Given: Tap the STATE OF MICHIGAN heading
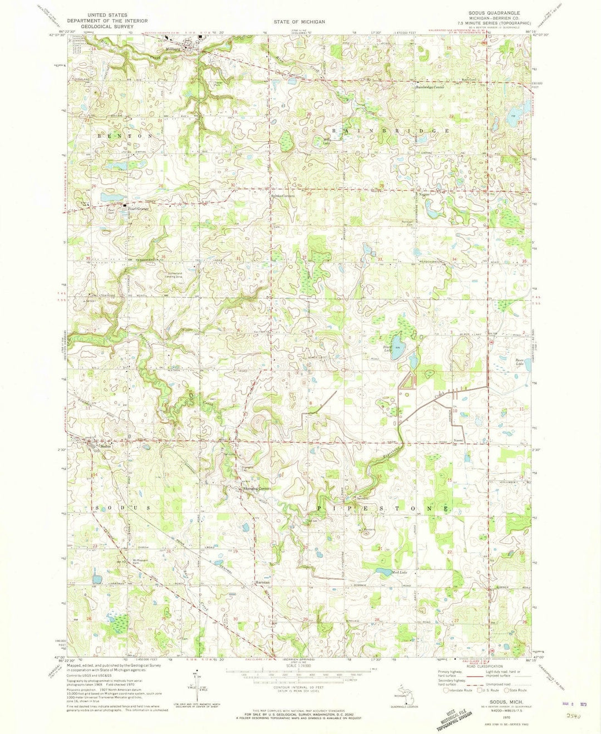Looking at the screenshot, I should coord(299,22).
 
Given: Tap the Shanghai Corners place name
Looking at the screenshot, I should coord(257,489).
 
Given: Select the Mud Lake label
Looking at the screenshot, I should coord(400,573).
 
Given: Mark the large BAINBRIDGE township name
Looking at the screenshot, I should coord(390,130).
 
